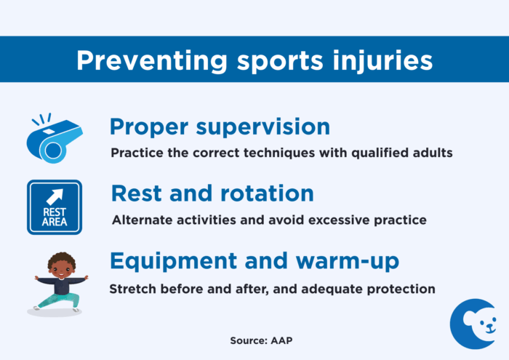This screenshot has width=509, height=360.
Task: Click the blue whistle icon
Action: [x=55, y=138]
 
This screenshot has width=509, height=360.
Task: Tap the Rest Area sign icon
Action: [x=55, y=207]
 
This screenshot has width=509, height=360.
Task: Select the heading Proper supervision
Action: [x=220, y=127]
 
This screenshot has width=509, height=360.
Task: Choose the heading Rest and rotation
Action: [x=212, y=193]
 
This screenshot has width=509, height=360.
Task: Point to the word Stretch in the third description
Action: [x=132, y=288]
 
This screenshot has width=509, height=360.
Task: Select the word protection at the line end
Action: [x=399, y=288]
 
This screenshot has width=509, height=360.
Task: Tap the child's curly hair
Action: [x=61, y=260]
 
